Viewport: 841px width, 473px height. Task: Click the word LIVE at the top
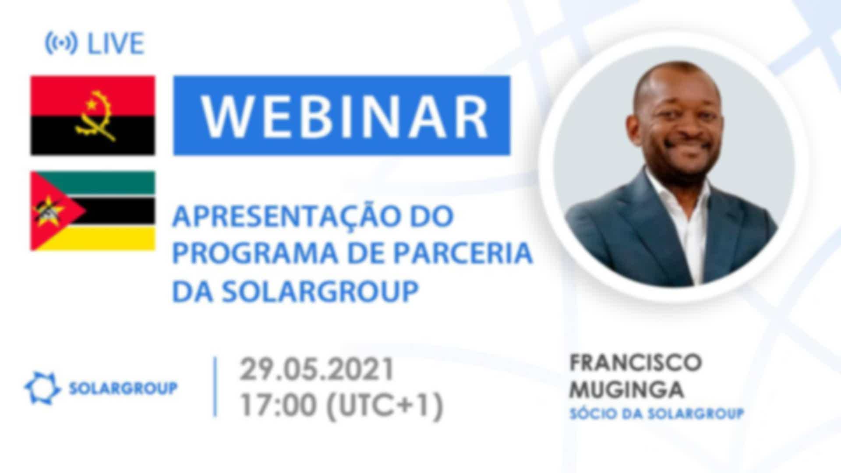(116, 43)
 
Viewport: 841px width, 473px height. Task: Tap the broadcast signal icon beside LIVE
(61, 43)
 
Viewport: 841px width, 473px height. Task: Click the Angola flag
(92, 116)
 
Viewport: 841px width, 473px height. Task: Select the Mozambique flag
(92, 211)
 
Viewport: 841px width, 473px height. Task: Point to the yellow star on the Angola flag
(92, 105)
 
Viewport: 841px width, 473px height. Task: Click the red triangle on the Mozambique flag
(53, 211)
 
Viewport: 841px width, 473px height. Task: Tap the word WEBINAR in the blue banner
(344, 116)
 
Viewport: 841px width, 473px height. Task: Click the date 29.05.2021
(317, 369)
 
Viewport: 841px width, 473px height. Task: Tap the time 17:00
(278, 405)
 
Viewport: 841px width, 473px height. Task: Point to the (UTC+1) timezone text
(385, 406)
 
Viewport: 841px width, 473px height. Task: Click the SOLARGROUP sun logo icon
(42, 388)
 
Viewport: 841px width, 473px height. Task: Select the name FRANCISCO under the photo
(636, 363)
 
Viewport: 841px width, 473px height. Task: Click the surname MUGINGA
(626, 389)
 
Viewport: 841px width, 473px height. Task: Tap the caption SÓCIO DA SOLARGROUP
(657, 413)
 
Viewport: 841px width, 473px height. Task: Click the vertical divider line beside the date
(215, 387)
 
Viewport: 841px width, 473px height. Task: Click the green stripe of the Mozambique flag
(92, 183)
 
